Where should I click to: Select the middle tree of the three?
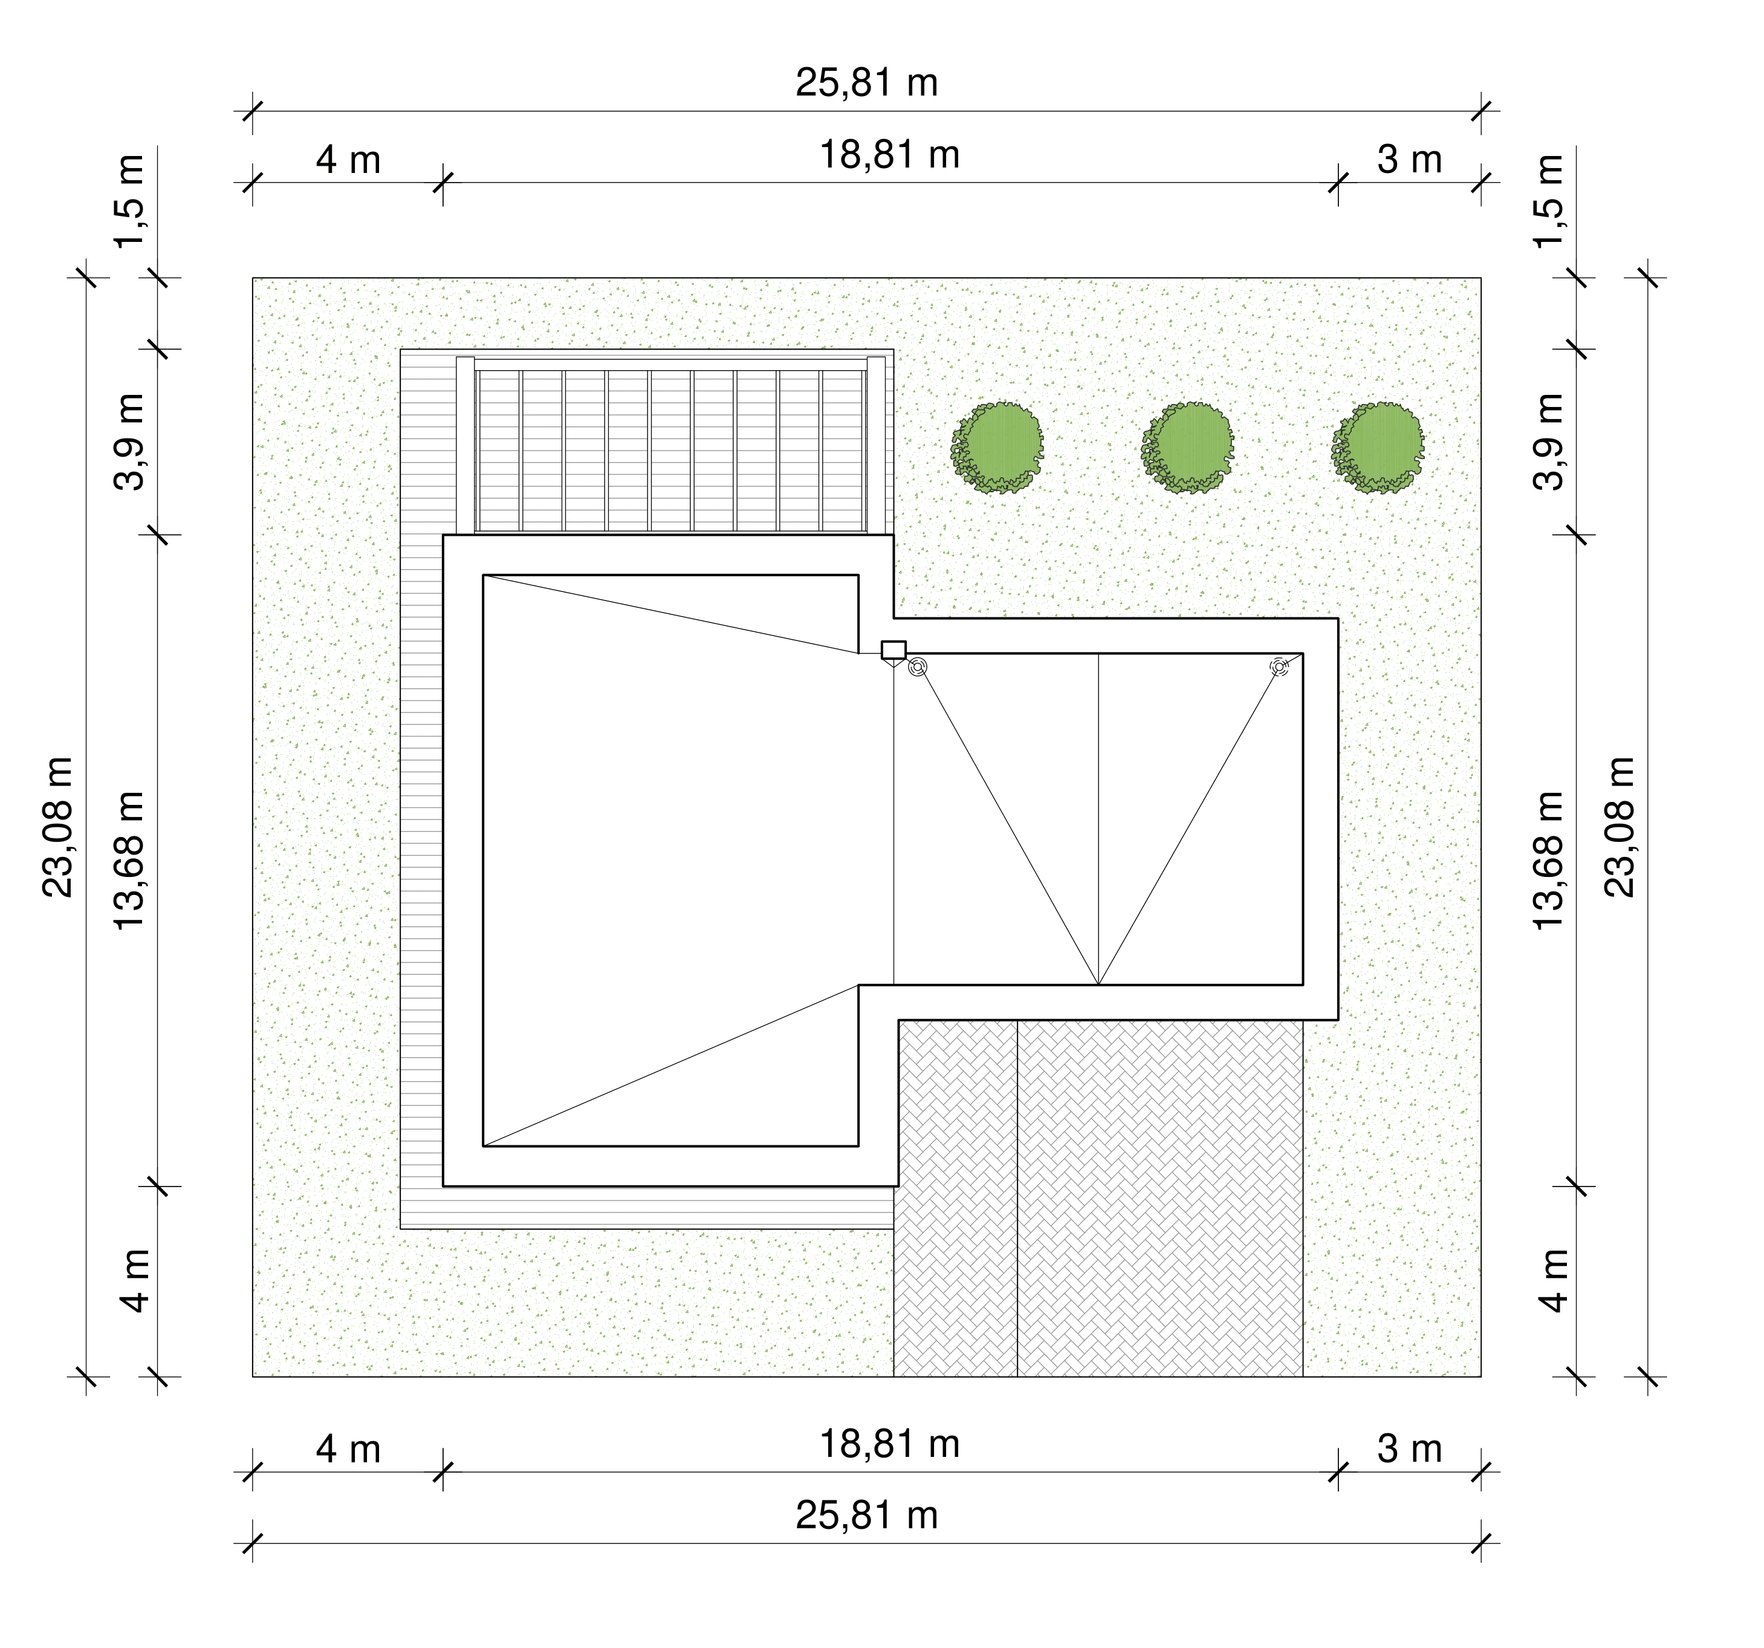pyautogui.click(x=1187, y=448)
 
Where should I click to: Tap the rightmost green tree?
pyautogui.click(x=1378, y=448)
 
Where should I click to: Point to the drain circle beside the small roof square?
pyautogui.click(x=918, y=666)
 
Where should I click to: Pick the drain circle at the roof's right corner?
pyautogui.click(x=1279, y=666)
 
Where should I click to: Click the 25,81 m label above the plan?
pyautogui.click(x=866, y=82)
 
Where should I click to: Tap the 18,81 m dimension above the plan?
pyautogui.click(x=889, y=155)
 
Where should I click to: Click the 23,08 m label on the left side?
pyautogui.click(x=59, y=827)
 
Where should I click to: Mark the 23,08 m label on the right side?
pyautogui.click(x=1620, y=827)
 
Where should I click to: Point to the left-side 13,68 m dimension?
pyautogui.click(x=129, y=860)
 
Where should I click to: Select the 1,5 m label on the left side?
pyautogui.click(x=129, y=201)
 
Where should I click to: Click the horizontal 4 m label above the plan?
pyautogui.click(x=348, y=161)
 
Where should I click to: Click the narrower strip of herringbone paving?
pyautogui.click(x=956, y=1198)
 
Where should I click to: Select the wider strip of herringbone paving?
pyautogui.click(x=1159, y=1198)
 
